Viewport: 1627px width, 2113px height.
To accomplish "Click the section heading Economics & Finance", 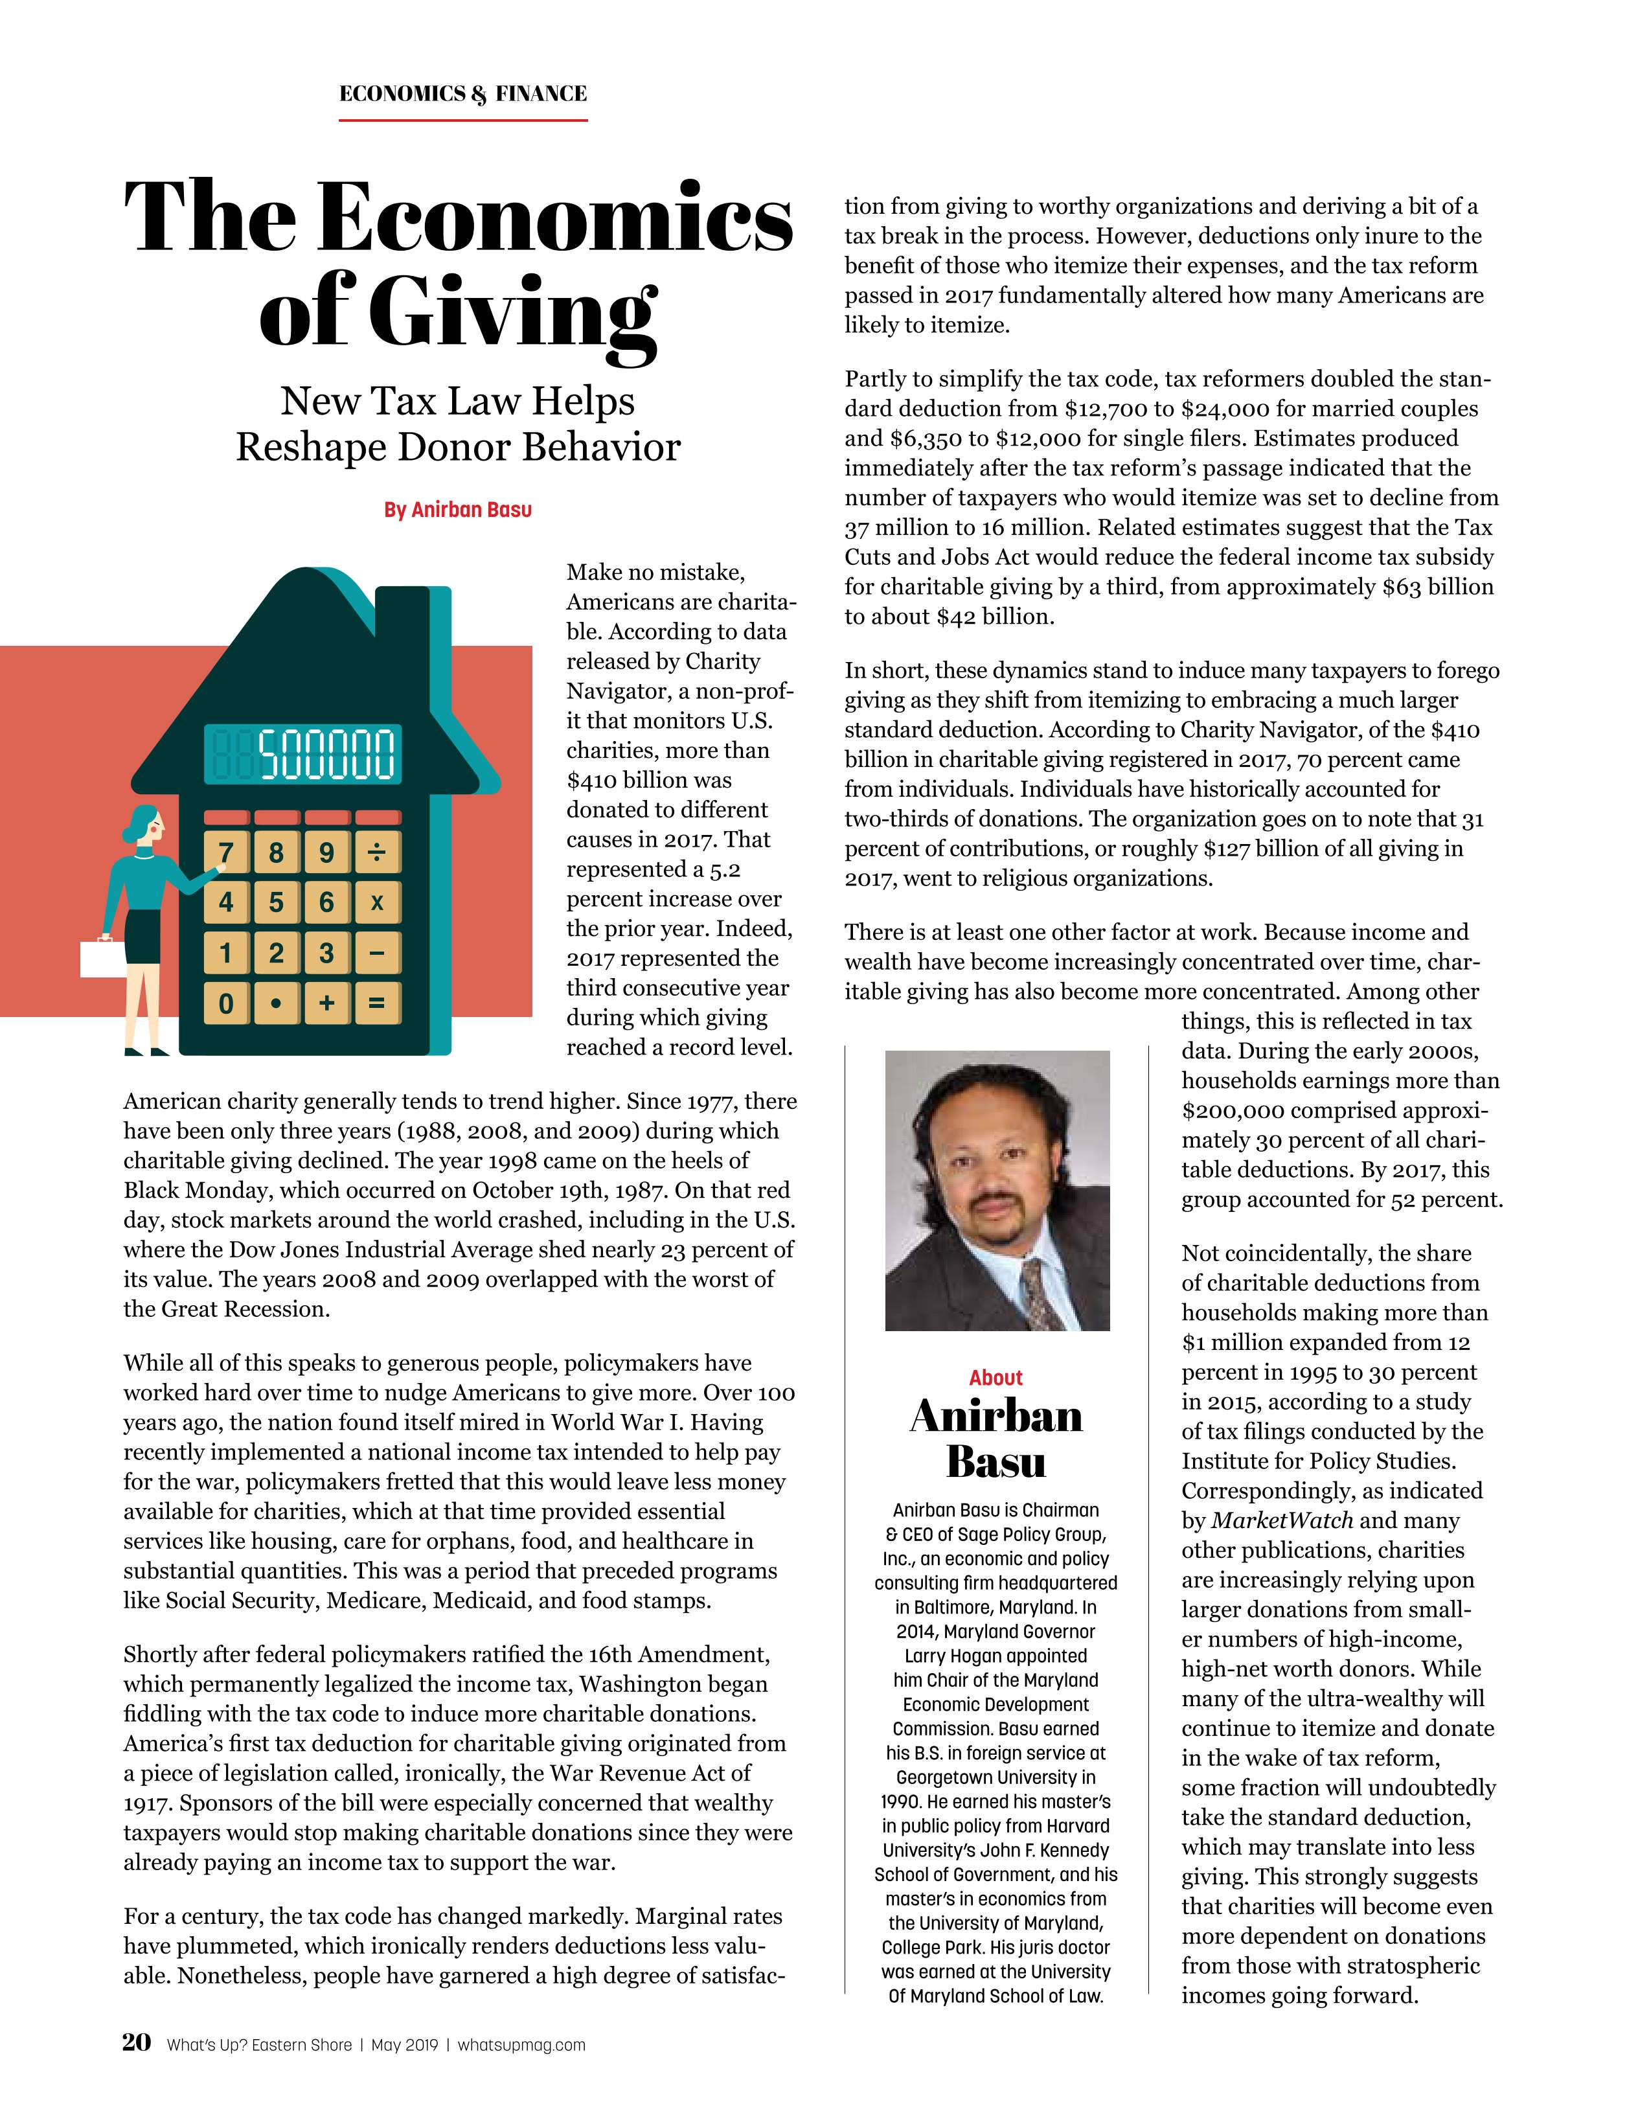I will [x=462, y=94].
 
